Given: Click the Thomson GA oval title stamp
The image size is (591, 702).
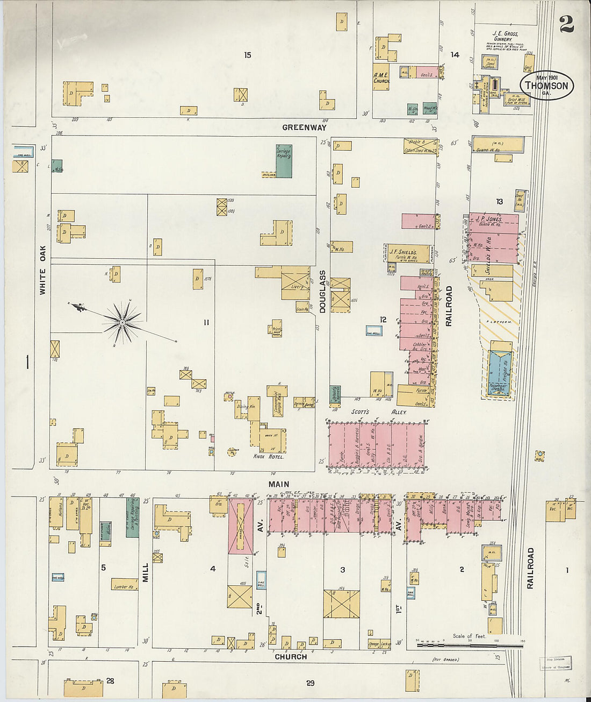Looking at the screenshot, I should [x=546, y=85].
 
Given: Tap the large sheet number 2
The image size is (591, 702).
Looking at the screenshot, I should [x=566, y=24].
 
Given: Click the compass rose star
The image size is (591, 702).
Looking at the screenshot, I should [x=123, y=322].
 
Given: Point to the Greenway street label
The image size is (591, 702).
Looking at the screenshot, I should [x=305, y=127].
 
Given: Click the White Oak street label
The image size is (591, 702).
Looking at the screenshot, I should [x=42, y=270].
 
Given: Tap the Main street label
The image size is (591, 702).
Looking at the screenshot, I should [x=279, y=484].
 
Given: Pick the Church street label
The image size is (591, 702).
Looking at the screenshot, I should [x=291, y=656].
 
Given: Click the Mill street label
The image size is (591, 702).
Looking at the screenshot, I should [x=145, y=572].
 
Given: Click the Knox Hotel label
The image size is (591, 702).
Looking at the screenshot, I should [x=268, y=456].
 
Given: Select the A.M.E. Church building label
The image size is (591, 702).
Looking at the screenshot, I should [x=381, y=77].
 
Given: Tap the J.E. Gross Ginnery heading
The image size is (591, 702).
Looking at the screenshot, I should [x=504, y=36].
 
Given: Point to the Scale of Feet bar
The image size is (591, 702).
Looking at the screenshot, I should [x=470, y=643].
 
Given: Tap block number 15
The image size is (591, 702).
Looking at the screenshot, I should [x=247, y=55].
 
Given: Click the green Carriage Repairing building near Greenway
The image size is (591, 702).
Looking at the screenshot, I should [x=284, y=161].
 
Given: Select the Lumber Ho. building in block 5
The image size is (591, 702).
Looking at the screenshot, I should [x=125, y=585].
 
